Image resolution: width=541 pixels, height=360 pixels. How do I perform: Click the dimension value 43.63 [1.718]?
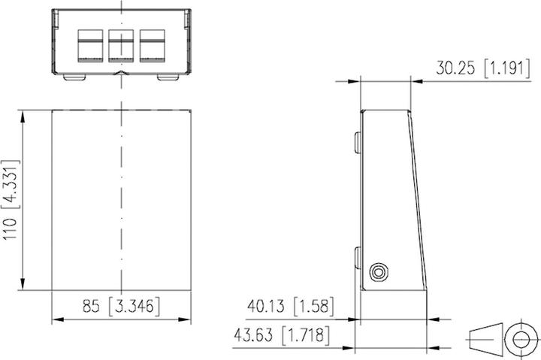[289, 335]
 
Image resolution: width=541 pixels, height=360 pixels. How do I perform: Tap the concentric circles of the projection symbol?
[518, 340]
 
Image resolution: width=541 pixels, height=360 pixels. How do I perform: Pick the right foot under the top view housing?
[168, 77]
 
